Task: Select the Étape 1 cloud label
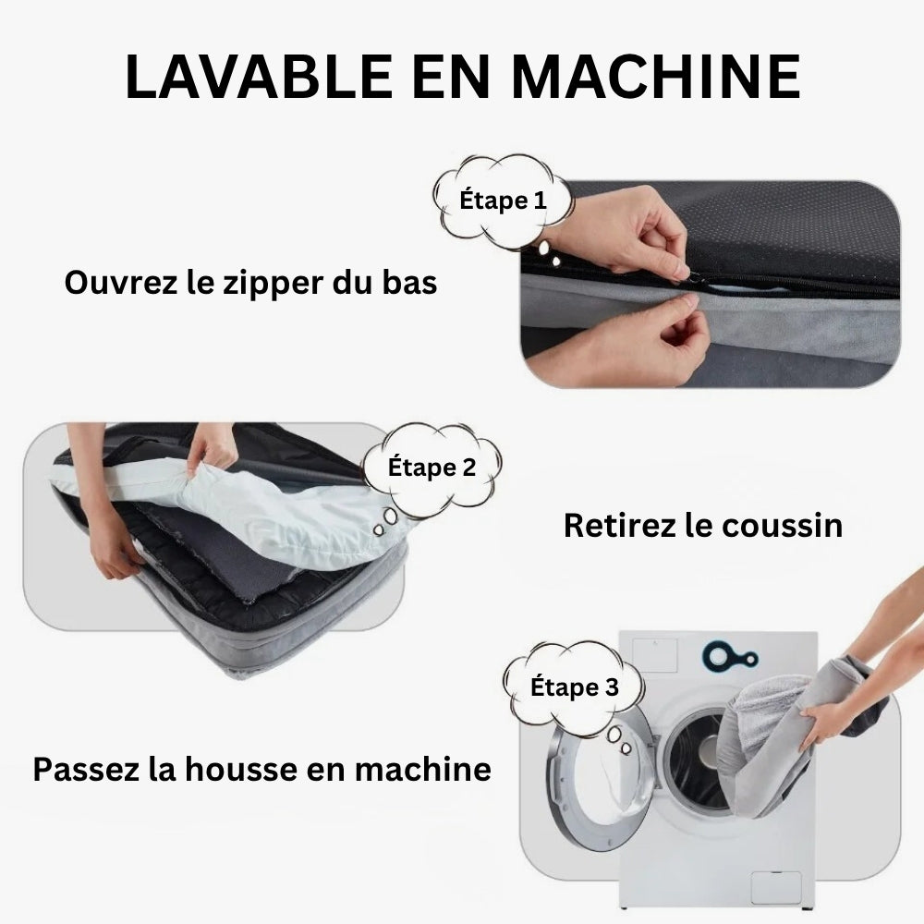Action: [503, 200]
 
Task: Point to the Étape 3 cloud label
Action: [574, 687]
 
